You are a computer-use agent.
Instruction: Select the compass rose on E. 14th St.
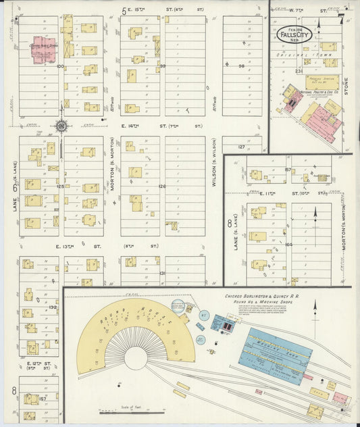[x=61, y=125]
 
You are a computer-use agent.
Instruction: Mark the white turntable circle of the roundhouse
[x=135, y=357]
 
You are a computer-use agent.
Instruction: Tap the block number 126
[x=161, y=186]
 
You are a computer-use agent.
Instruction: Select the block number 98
[x=241, y=66]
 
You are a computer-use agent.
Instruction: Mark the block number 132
[x=52, y=307]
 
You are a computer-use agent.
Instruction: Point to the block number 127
[x=241, y=146]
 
